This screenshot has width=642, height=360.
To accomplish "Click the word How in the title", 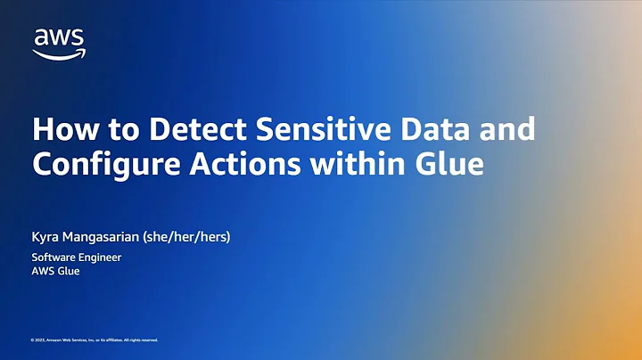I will pos(58,130).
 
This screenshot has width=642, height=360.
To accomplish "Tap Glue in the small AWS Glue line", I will pos(69,272).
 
